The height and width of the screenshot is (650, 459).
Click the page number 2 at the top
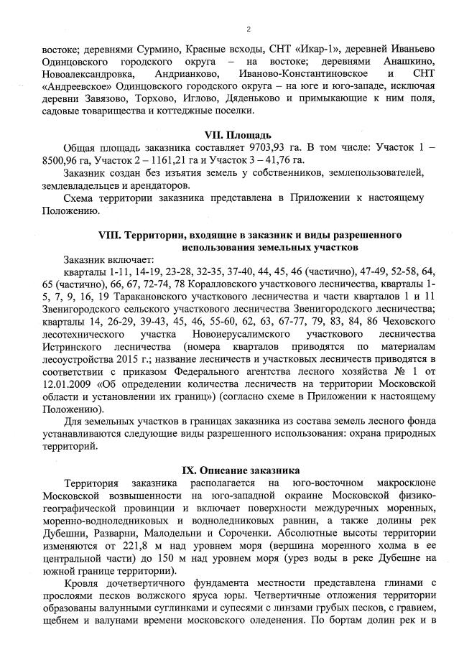[x=248, y=29]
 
